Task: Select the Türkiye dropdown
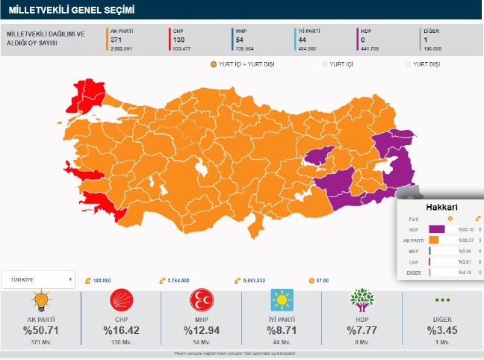click(x=38, y=280)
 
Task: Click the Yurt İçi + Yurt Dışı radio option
click(x=214, y=65)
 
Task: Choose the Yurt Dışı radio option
click(x=409, y=65)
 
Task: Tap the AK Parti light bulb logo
click(x=40, y=301)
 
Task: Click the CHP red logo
click(x=121, y=301)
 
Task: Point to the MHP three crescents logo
click(x=202, y=301)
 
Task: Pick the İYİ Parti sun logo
click(x=282, y=301)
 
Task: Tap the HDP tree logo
click(x=362, y=301)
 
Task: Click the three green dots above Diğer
click(x=443, y=300)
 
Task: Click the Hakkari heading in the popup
click(x=441, y=206)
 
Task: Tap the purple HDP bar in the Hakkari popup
click(x=437, y=229)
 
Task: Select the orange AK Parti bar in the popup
click(x=434, y=240)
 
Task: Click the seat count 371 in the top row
click(x=116, y=40)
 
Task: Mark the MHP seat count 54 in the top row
click(x=239, y=40)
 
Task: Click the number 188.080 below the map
click(x=103, y=280)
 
